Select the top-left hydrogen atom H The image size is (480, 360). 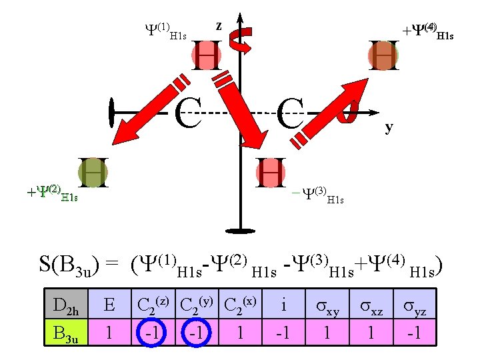[x=206, y=55]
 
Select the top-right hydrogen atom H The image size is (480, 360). [x=384, y=55]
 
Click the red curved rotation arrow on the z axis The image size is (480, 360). [x=239, y=41]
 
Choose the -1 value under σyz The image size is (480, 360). [x=415, y=333]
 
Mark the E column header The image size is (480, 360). [x=109, y=306]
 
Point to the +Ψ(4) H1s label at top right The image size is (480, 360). [x=426, y=31]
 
